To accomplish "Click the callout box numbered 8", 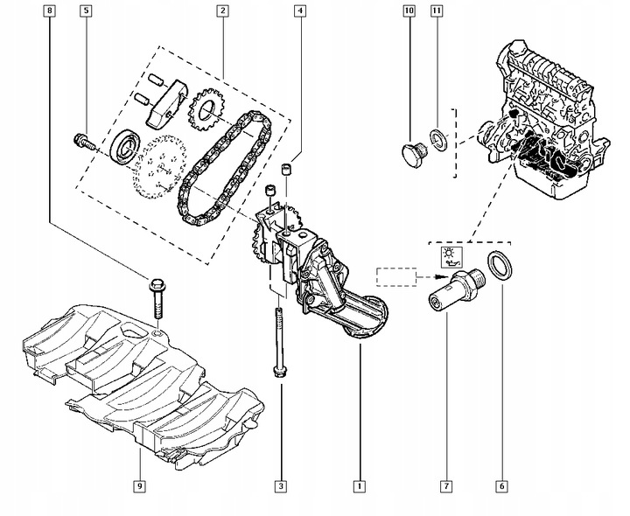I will [x=50, y=11].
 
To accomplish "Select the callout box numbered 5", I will [x=86, y=11].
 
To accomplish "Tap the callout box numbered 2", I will [x=223, y=11].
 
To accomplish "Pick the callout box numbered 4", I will [x=300, y=11].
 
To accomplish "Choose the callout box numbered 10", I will [x=409, y=11].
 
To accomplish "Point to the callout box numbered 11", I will [x=437, y=11].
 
